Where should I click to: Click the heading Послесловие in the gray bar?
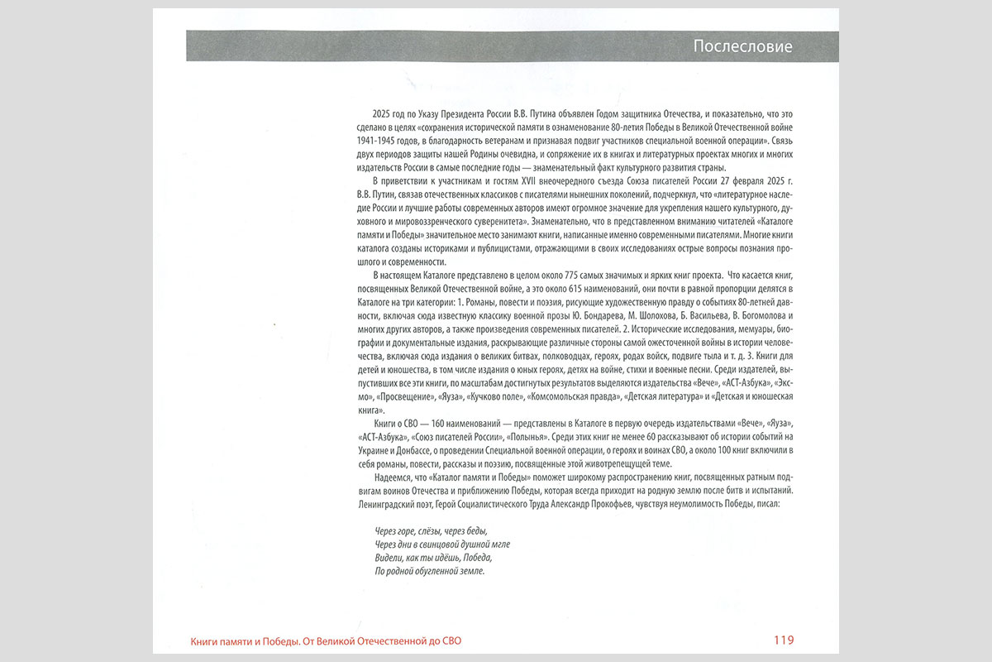[x=742, y=46]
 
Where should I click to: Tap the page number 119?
[x=784, y=640]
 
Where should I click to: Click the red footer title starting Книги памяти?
[x=332, y=640]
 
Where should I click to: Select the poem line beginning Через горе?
[x=426, y=530]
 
